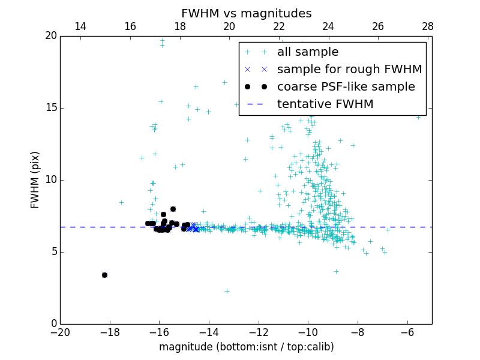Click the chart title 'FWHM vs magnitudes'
[x=246, y=13]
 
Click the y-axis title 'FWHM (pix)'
[x=35, y=179]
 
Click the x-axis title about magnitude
[x=246, y=347]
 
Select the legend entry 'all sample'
[x=307, y=52]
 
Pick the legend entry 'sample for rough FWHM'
[x=349, y=70]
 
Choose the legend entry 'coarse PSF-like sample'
[x=346, y=87]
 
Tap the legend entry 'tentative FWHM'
[x=325, y=104]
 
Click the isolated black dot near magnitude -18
[x=104, y=275]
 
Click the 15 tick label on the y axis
[x=50, y=108]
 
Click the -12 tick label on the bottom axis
[x=259, y=332]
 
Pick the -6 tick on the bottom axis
[x=407, y=332]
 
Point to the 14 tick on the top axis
[x=80, y=26]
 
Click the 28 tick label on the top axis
[x=428, y=26]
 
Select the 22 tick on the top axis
[x=279, y=26]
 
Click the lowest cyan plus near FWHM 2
[x=227, y=291]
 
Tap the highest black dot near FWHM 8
[x=173, y=209]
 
